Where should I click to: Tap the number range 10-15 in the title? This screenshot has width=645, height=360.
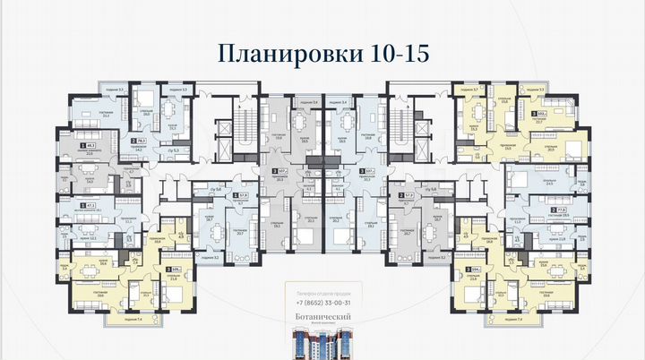(395, 52)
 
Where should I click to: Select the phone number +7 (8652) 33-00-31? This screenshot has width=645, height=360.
(322, 303)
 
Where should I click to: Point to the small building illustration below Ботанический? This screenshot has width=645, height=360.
(322, 345)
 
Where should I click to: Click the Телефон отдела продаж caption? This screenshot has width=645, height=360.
(322, 292)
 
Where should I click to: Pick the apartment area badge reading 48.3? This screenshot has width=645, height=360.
(90, 145)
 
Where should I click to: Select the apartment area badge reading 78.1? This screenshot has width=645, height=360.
(140, 141)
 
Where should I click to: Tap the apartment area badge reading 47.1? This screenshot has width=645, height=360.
(90, 205)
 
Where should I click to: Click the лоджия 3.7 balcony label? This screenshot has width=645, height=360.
(472, 90)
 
